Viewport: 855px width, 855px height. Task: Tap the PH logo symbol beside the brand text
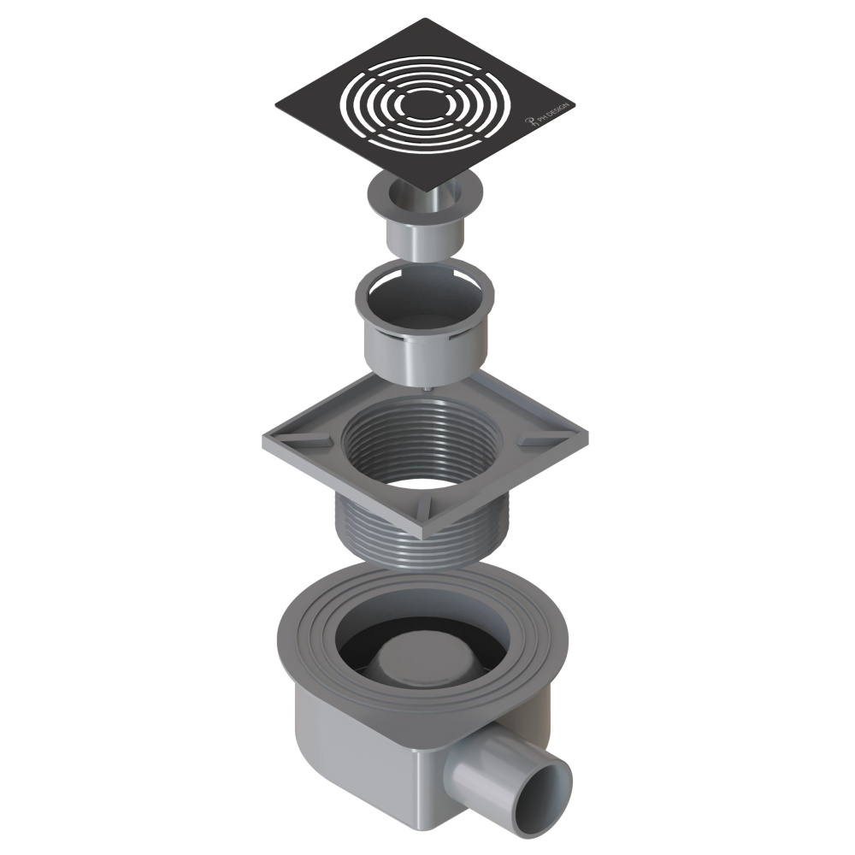tap(529, 124)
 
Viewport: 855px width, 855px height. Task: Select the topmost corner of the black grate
tap(424, 19)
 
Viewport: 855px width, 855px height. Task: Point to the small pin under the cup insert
tap(425, 387)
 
